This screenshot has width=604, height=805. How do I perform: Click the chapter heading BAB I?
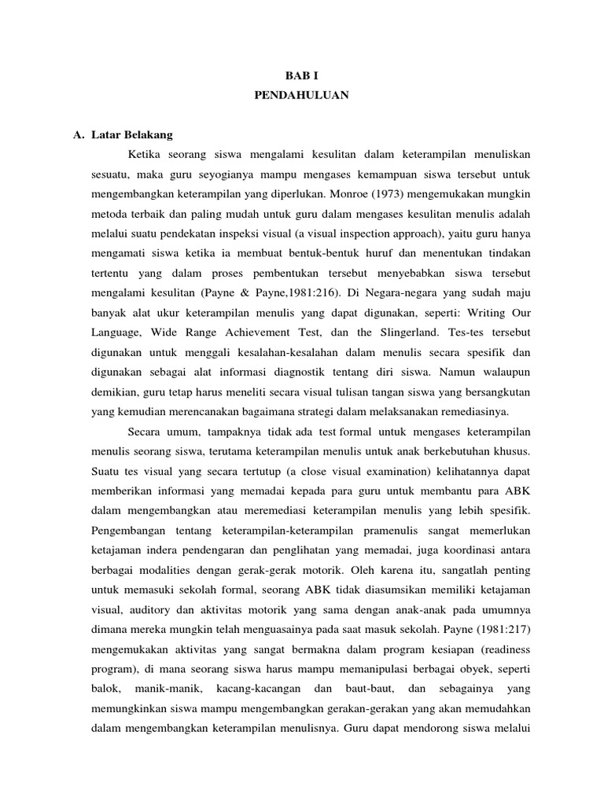302,77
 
